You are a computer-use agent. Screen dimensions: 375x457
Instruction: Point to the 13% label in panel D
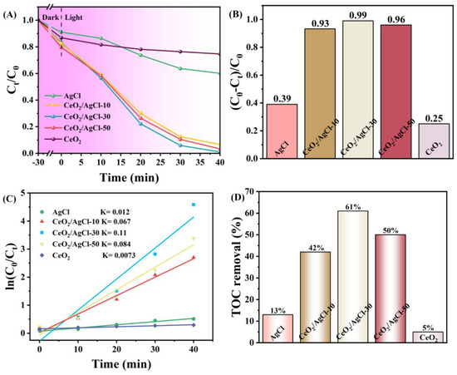click(x=278, y=309)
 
